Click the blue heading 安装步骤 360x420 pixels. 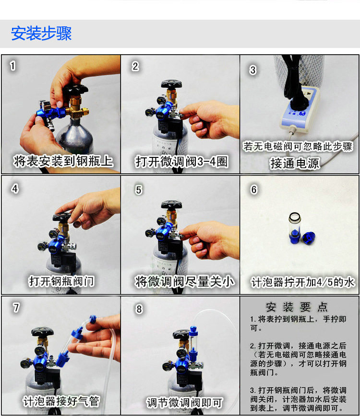click(41, 34)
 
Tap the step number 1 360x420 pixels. click(12, 66)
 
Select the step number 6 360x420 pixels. click(253, 190)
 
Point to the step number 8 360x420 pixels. click(139, 309)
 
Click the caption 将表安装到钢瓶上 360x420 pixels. click(63, 161)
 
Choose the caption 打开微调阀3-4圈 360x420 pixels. click(182, 161)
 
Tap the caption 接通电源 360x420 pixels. click(295, 163)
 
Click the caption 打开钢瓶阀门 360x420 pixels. click(62, 281)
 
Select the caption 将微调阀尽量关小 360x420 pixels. click(184, 281)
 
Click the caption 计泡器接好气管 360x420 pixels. click(61, 401)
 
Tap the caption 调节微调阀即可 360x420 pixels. click(184, 403)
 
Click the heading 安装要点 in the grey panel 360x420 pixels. click(297, 307)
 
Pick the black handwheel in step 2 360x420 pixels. click(171, 84)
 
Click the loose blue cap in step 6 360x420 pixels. click(309, 238)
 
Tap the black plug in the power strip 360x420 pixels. click(295, 103)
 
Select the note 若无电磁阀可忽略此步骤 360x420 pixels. click(298, 146)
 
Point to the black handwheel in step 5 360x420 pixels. click(171, 205)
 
